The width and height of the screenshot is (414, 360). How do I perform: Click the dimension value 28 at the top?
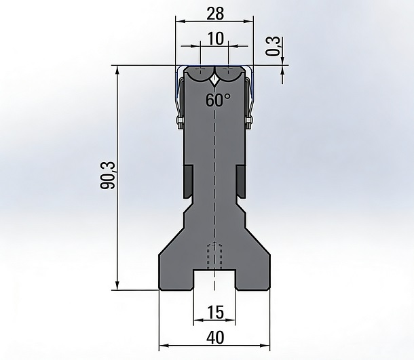pyautogui.click(x=215, y=14)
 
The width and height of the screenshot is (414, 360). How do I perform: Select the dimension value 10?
pyautogui.click(x=216, y=39)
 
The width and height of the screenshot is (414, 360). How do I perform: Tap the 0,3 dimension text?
pyautogui.click(x=273, y=46)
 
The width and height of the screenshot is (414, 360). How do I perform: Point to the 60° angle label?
pyautogui.click(x=218, y=100)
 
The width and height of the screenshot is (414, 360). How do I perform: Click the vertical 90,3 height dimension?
pyautogui.click(x=108, y=175)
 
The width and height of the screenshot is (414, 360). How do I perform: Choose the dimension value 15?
pyautogui.click(x=215, y=313)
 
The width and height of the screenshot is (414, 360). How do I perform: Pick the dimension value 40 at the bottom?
pyautogui.click(x=215, y=338)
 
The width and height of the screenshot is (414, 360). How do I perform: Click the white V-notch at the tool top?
pyautogui.click(x=215, y=81)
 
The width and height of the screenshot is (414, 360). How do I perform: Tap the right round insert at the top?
pyautogui.click(x=229, y=75)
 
